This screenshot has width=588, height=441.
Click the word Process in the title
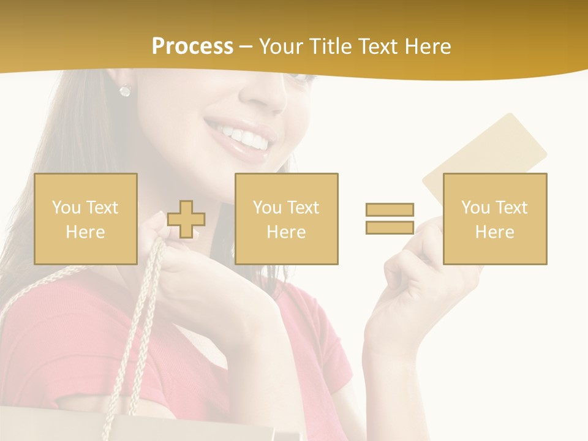(x=192, y=47)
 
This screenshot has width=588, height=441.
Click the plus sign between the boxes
(x=186, y=219)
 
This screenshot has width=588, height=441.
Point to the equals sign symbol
(x=390, y=219)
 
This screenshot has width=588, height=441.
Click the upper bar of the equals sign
(x=390, y=210)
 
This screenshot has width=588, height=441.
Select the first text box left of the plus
(x=86, y=219)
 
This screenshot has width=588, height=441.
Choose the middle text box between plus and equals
(x=287, y=219)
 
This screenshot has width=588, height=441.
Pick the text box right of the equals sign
(x=495, y=219)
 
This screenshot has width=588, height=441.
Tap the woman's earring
(x=125, y=91)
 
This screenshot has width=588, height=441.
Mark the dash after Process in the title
(x=246, y=47)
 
